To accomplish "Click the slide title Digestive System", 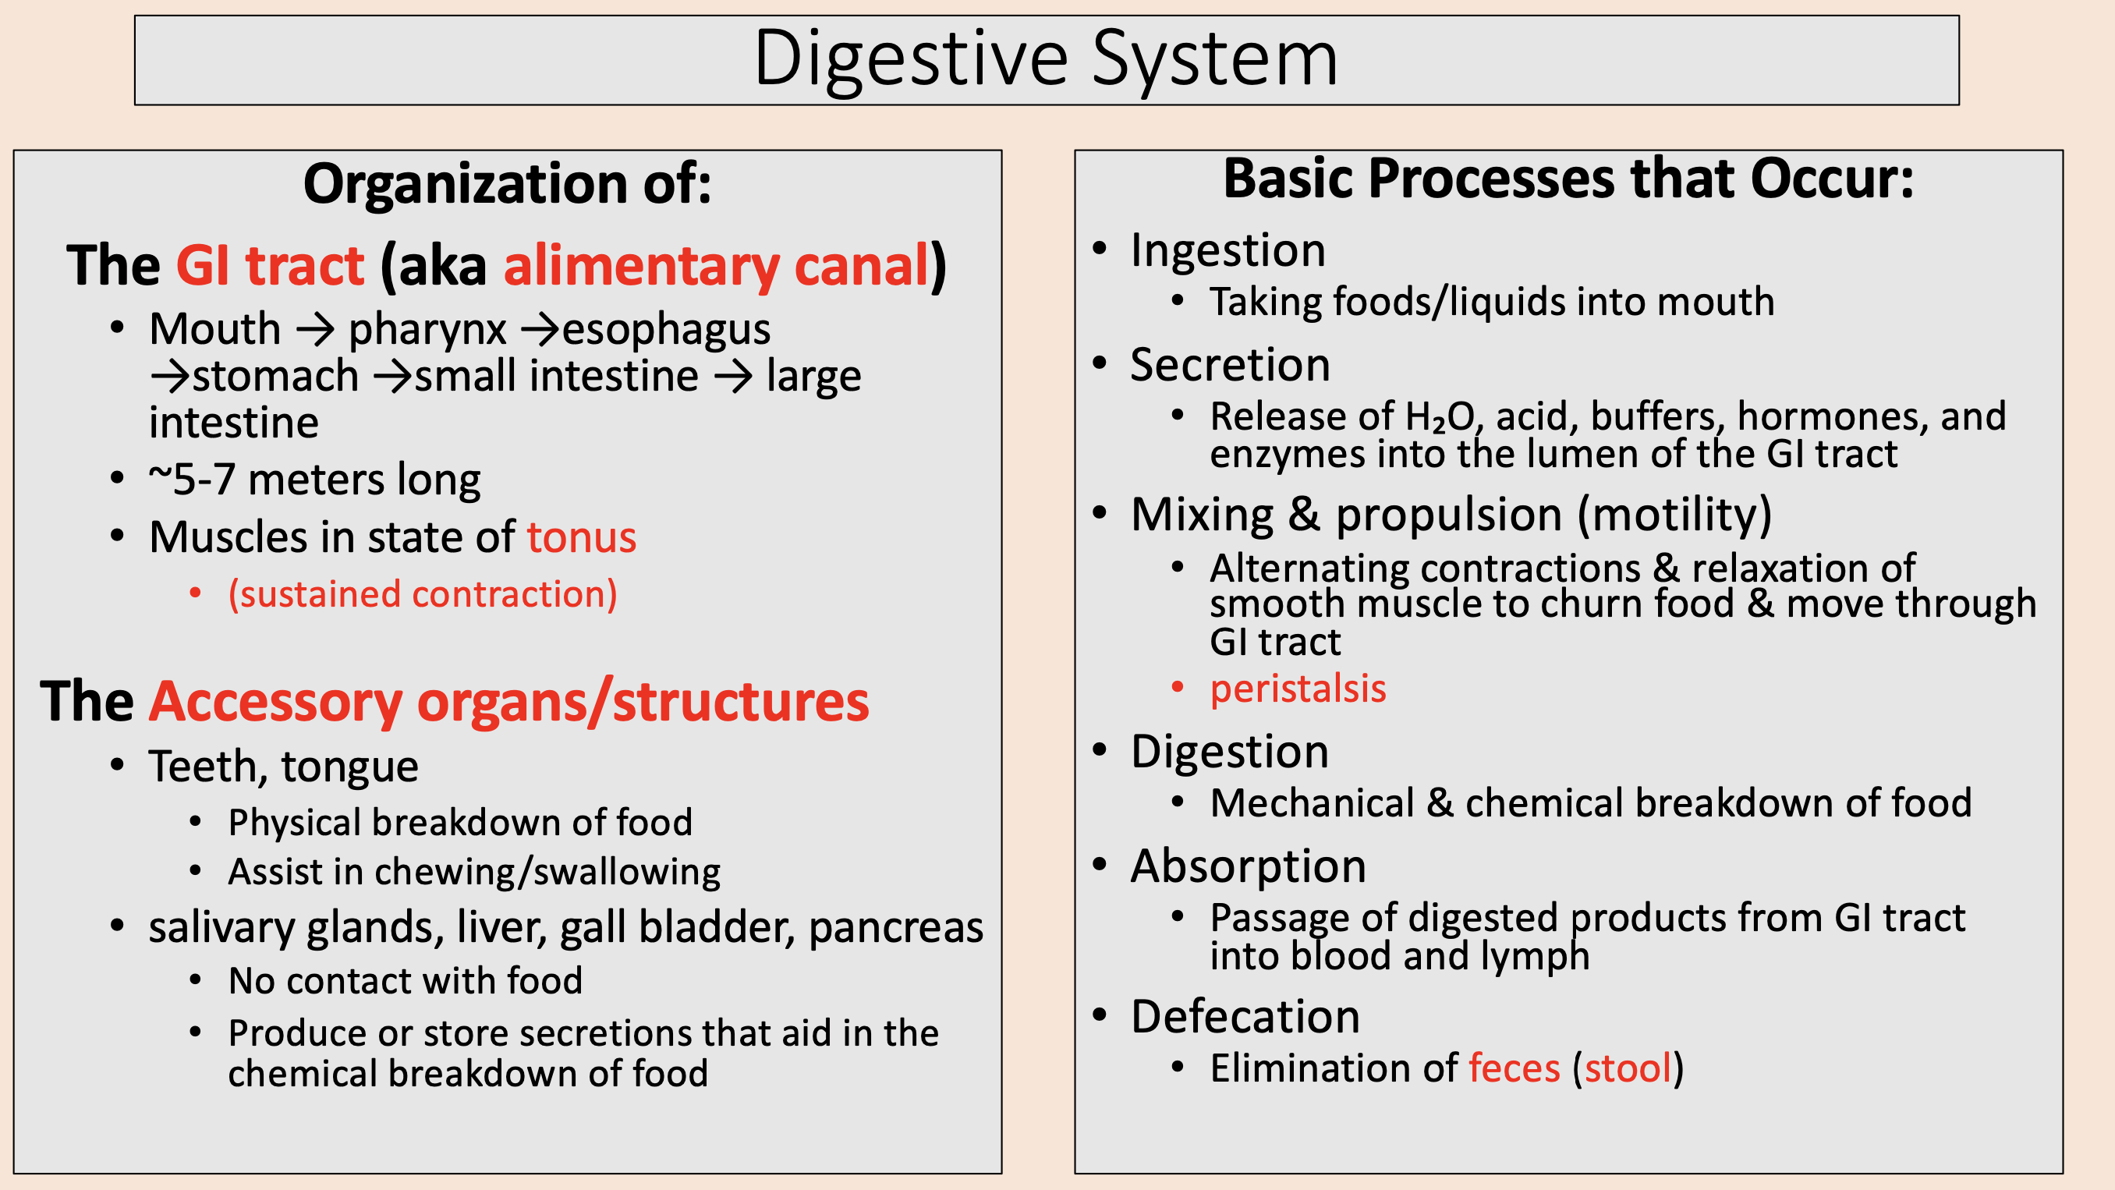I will [1045, 59].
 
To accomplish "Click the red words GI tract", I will [270, 266].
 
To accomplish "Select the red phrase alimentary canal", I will [716, 266].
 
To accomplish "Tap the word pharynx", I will [427, 330].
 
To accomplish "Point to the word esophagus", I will [666, 330].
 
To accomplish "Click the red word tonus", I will [581, 538].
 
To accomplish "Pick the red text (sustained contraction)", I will [422, 594].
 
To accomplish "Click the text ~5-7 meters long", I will [314, 480].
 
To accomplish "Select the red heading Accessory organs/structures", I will [508, 702].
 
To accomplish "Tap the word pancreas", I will [896, 928].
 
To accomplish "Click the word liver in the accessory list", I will [501, 928].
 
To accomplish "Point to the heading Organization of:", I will [507, 183].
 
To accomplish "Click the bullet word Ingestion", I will [1228, 250].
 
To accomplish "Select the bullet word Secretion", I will [1230, 365].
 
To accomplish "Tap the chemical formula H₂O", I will [1440, 417].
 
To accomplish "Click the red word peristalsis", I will [1297, 689].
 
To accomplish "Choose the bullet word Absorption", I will [1248, 866].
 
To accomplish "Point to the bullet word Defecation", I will [1245, 1017].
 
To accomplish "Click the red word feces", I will [1513, 1068].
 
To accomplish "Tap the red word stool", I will [1628, 1068].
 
